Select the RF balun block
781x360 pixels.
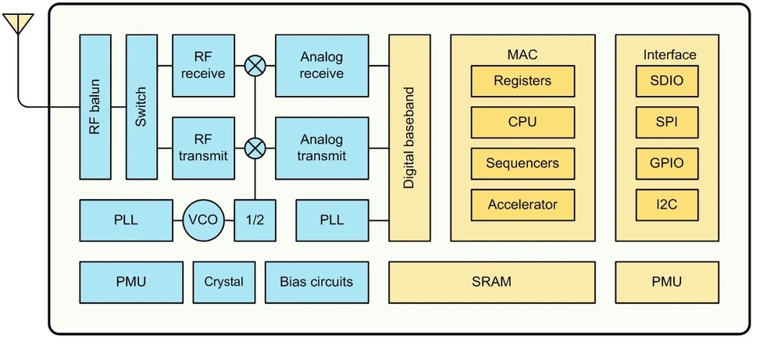95,107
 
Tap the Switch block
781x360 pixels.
141,107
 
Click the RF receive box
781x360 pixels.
203,66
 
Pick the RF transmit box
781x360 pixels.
203,148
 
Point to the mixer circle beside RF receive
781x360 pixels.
255,66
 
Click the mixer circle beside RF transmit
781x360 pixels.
255,148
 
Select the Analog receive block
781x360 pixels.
322,66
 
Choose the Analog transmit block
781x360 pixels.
322,148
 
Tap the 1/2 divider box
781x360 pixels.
255,220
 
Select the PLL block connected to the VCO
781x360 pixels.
126,220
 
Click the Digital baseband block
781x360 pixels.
409,138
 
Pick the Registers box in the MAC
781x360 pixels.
522,80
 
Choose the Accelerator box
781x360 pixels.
522,205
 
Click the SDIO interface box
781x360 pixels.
666,80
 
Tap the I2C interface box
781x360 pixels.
666,205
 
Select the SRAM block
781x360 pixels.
492,282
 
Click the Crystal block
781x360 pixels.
224,282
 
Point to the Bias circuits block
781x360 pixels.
316,282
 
